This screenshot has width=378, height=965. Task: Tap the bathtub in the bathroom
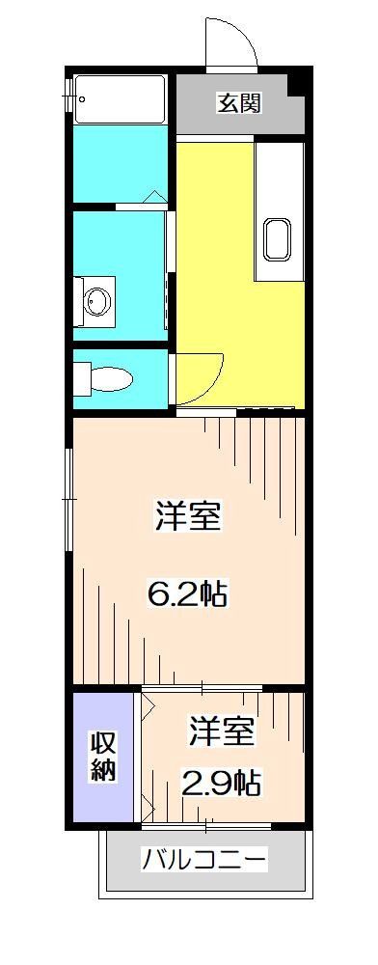click(x=121, y=99)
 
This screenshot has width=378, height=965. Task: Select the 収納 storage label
click(x=104, y=756)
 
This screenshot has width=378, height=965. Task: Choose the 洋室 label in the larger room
click(x=188, y=517)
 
